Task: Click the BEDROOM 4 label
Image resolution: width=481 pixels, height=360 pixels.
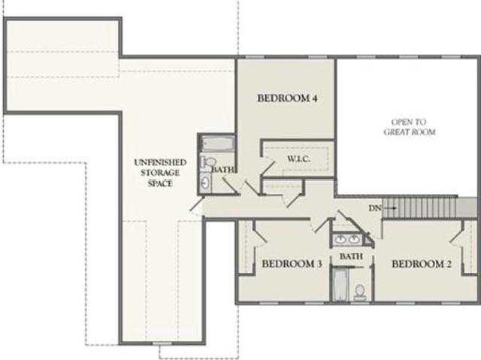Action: pos(287,98)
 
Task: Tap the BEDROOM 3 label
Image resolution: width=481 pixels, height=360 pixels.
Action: pos(292,264)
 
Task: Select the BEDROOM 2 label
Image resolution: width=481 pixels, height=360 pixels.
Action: pos(422,264)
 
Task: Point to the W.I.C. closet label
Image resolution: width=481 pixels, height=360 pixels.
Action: pos(299,159)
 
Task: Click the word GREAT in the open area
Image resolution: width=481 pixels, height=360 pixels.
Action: pos(396,132)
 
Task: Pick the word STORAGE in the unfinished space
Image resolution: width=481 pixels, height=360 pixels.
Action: pos(160,173)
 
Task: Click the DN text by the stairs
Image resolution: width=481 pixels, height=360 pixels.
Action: pos(374,208)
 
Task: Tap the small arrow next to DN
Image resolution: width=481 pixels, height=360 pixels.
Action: pos(389,208)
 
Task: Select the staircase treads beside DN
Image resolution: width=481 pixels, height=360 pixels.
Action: pos(419,207)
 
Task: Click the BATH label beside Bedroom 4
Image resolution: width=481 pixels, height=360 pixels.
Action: pos(224,169)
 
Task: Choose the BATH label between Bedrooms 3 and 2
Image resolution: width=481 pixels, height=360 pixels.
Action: pos(351,256)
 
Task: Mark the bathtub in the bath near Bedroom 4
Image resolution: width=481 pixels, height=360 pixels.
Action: pos(217,144)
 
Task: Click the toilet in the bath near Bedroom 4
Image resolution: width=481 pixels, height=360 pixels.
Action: pos(208,162)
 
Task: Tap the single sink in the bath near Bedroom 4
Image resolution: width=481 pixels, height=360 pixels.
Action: pos(205,183)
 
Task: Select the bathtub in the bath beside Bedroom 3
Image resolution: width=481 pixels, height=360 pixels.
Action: pos(340,285)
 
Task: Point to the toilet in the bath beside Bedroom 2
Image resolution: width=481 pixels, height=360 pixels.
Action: pos(359,292)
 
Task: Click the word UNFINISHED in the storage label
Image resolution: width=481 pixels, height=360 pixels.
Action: pos(160,162)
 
